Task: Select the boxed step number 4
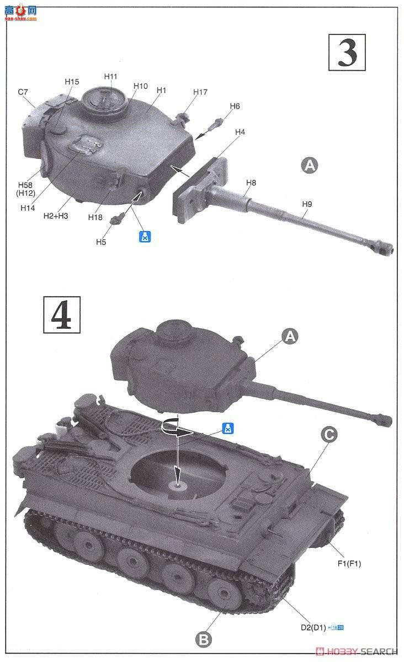pyautogui.click(x=61, y=315)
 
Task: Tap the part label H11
pyautogui.click(x=111, y=76)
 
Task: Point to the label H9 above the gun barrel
pyautogui.click(x=307, y=204)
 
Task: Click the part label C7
pyautogui.click(x=23, y=92)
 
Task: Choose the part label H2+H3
pyautogui.click(x=55, y=216)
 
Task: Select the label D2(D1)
pyautogui.click(x=312, y=627)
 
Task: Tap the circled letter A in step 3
pyautogui.click(x=310, y=165)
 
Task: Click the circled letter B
pyautogui.click(x=203, y=639)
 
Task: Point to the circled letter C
pyautogui.click(x=328, y=435)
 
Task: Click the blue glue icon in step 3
pyautogui.click(x=144, y=237)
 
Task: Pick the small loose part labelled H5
pyautogui.click(x=115, y=219)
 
